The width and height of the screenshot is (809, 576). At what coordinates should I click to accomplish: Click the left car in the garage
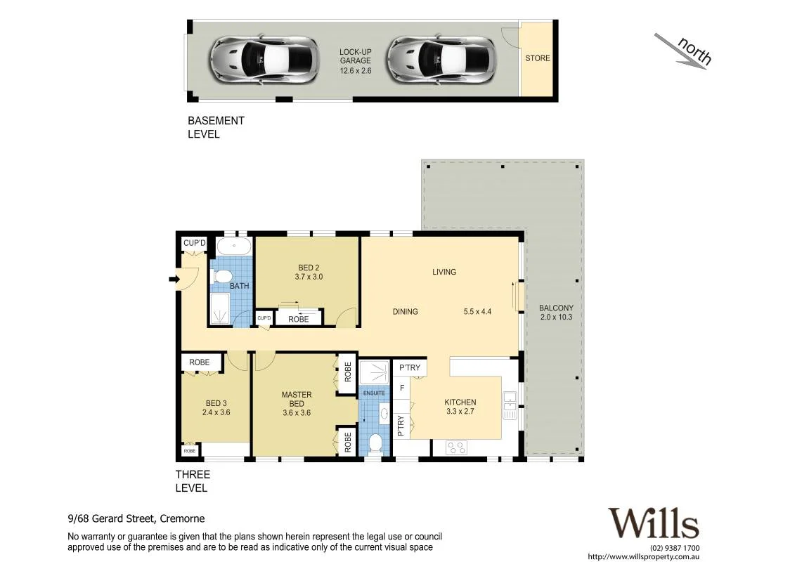263,60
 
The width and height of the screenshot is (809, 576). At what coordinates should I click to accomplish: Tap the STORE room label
538,58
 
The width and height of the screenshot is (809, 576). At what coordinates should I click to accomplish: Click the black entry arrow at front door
174,280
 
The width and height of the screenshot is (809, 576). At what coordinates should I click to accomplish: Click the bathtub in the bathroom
234,246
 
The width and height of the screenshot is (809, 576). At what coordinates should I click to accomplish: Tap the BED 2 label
309,268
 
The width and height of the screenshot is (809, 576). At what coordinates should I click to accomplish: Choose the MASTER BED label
297,399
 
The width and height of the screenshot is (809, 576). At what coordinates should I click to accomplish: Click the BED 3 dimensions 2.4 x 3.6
216,412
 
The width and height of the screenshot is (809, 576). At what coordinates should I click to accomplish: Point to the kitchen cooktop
457,447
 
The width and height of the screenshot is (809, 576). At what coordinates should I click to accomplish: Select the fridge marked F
402,388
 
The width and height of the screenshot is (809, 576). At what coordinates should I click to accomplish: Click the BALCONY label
556,308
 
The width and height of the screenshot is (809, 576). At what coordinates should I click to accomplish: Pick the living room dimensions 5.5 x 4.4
477,311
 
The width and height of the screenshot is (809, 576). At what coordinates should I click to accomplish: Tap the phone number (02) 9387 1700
674,548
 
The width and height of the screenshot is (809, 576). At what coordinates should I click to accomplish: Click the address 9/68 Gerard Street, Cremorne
136,519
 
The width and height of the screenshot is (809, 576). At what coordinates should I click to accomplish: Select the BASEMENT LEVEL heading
216,127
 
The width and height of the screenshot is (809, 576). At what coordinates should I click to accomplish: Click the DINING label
405,311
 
